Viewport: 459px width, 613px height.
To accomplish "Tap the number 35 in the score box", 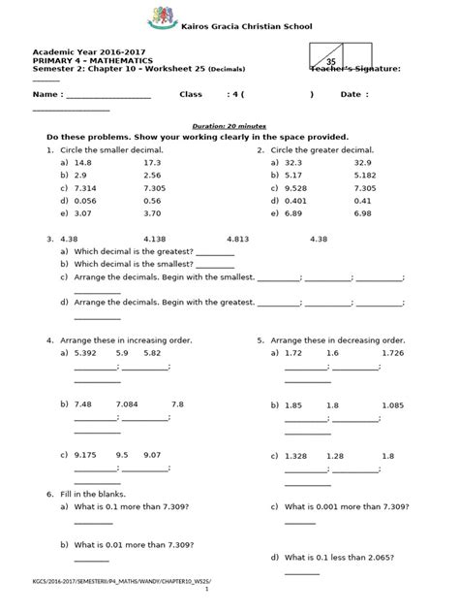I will tap(330, 60).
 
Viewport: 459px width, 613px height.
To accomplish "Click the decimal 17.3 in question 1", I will tap(151, 163).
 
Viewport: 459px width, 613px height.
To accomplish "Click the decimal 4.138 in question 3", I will tap(154, 238).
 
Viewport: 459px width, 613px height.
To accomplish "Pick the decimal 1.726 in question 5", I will tap(391, 353).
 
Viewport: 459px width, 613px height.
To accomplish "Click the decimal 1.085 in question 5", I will tap(392, 403).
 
